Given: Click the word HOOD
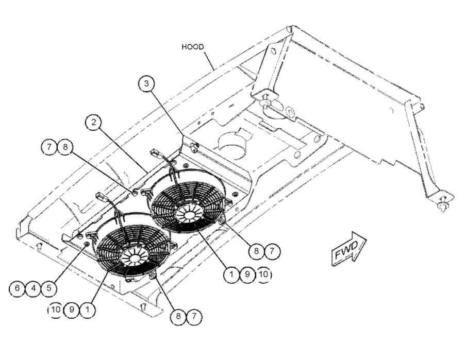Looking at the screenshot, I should pos(193,47).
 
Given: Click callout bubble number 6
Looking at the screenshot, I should pos(17,288).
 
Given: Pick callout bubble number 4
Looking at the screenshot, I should pos(33,288).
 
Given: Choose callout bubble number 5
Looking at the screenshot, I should pos(49,288).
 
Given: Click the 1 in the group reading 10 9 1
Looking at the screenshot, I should pos(89,311).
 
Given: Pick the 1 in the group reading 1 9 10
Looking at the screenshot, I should pos(231,275).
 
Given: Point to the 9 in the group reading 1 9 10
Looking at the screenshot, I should pos(247,275).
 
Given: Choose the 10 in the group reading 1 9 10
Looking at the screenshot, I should pos(263,275).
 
